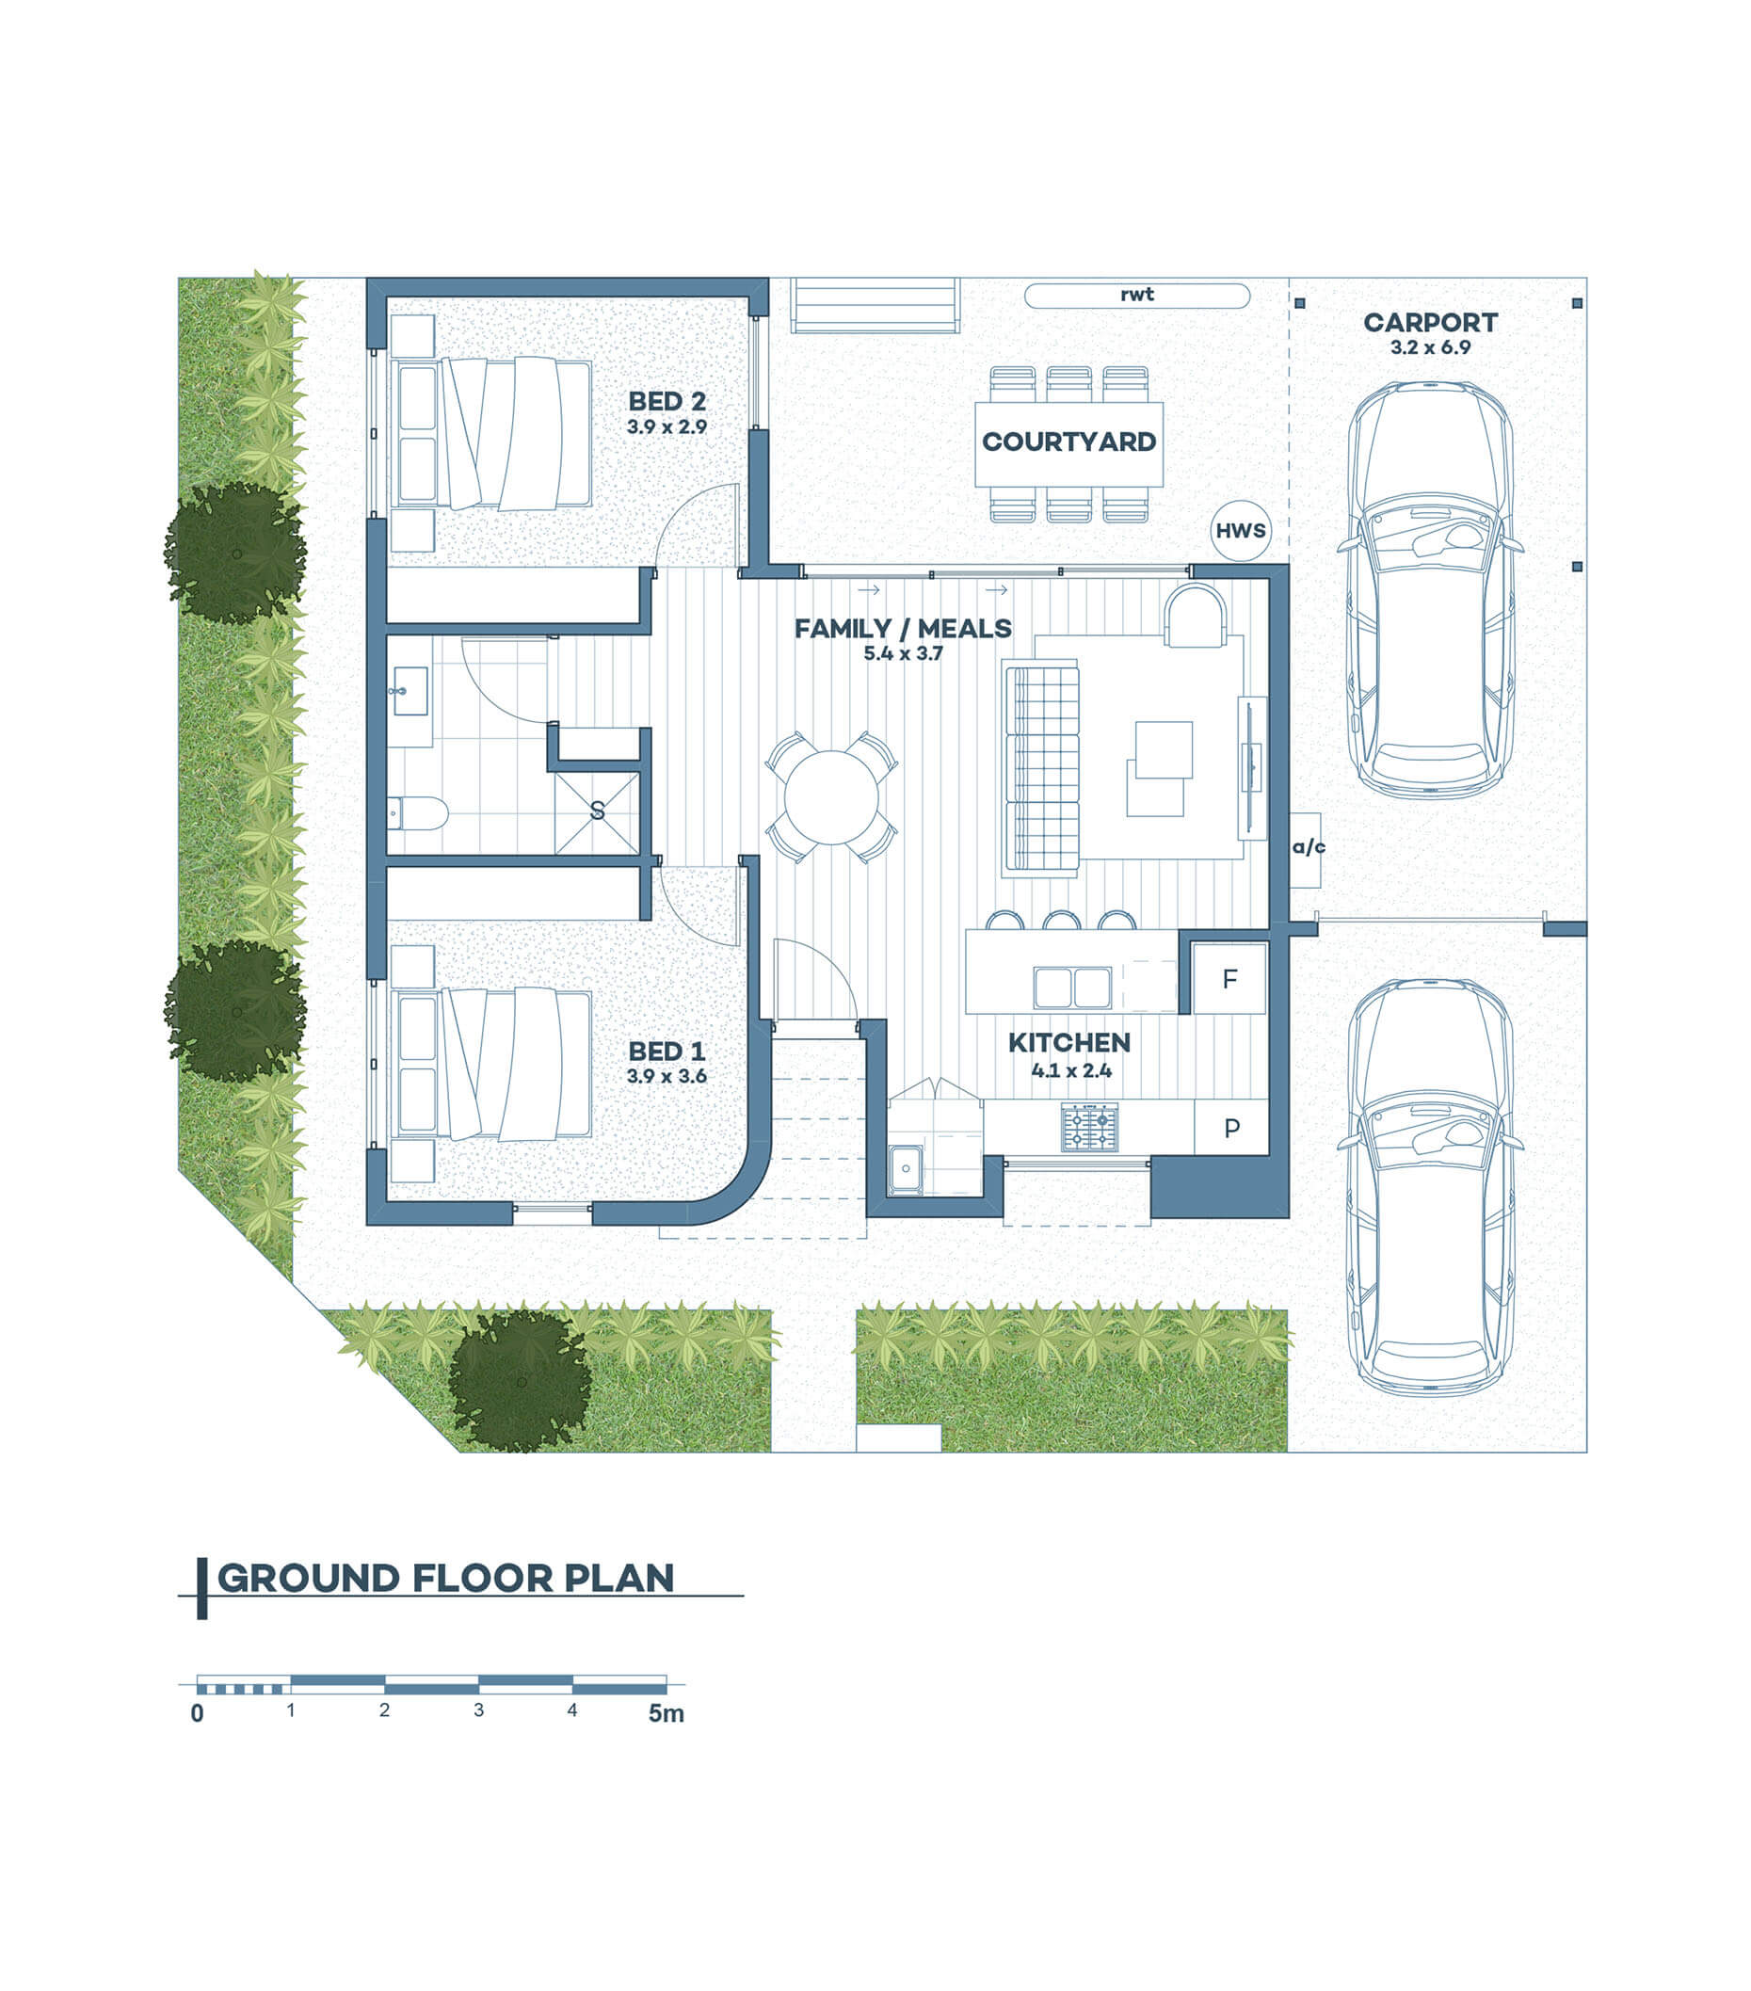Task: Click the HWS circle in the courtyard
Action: (1240, 531)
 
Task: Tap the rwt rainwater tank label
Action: (1136, 294)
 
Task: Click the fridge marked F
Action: (1230, 978)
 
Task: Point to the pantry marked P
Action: (1231, 1128)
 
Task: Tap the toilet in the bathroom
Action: (417, 812)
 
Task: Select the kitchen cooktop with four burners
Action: (1090, 1127)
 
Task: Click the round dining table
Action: (830, 797)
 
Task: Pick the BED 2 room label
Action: (667, 401)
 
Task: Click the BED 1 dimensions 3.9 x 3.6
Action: (667, 1076)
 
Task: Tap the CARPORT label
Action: (1430, 322)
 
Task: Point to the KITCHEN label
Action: (1069, 1043)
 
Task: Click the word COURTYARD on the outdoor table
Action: (1068, 442)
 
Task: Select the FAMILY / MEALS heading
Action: (903, 629)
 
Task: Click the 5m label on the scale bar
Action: (667, 1741)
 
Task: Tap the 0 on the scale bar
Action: (198, 1742)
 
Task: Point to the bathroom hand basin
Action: (410, 691)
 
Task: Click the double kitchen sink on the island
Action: (1072, 987)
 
